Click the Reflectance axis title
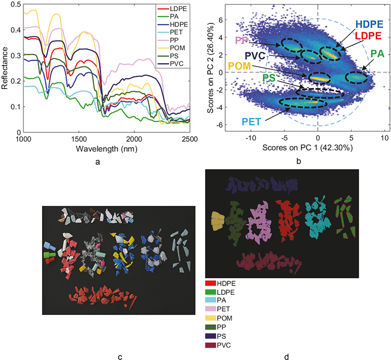pos(5,68)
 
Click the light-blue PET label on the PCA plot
pos(252,121)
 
